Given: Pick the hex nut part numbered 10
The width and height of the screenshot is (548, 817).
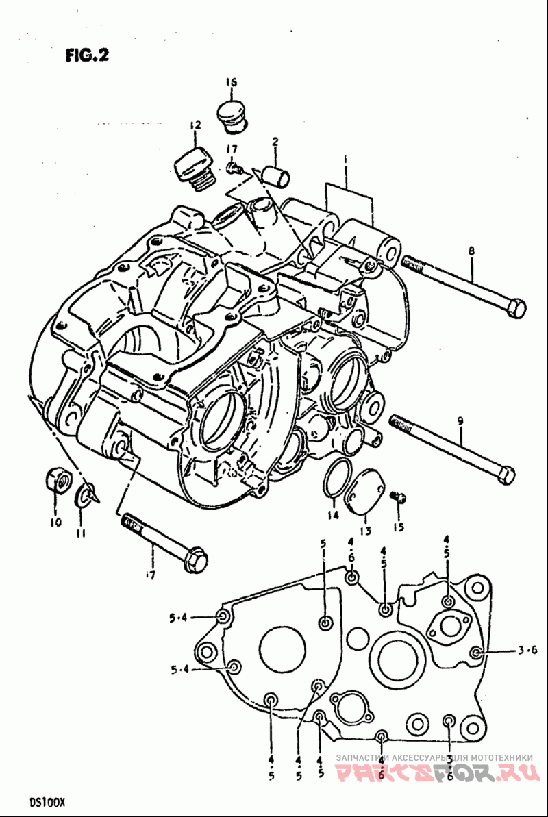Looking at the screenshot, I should [x=58, y=481].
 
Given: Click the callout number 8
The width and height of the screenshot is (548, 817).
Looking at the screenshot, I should [x=471, y=251].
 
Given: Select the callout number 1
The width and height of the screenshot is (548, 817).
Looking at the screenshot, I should [x=347, y=160].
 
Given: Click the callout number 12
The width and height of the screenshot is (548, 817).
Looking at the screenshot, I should [x=195, y=125].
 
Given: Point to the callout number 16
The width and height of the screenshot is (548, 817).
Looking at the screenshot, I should [x=231, y=83].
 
